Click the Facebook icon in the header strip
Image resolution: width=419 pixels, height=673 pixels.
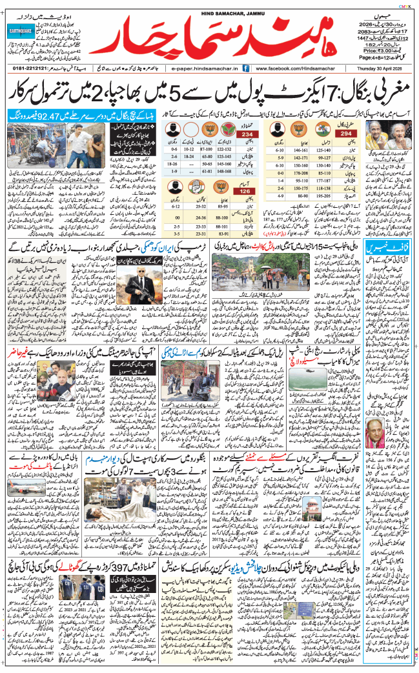(250, 67)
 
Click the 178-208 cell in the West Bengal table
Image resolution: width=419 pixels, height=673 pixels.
(299, 174)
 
